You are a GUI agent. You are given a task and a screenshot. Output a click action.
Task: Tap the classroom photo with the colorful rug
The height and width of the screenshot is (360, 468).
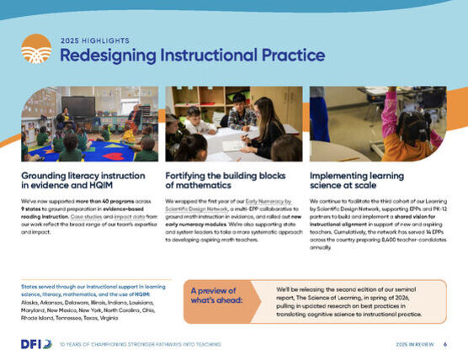[x=89, y=123]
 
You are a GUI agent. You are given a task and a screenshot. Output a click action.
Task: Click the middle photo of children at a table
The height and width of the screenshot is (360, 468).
[x=233, y=123]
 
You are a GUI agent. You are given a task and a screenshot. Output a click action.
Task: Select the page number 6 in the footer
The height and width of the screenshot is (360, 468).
[x=444, y=344]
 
